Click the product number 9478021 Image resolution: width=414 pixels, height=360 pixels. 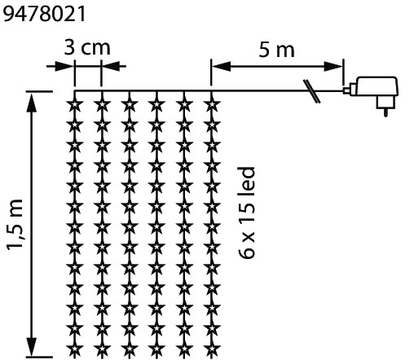tap(44, 14)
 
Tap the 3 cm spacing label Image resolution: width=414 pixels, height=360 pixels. tap(87, 48)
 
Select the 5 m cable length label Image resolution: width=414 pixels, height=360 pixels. tap(276, 50)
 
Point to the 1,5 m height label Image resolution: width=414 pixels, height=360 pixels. tap(15, 225)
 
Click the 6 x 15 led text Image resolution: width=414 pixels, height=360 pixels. tap(247, 213)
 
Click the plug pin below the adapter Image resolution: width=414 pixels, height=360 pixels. tap(385, 112)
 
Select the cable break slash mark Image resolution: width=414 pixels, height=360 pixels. tap(312, 91)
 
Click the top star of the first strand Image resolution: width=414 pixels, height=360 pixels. tap(74, 104)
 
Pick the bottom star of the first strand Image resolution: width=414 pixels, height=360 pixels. tap(74, 349)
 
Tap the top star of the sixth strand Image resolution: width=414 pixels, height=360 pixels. tap(211, 104)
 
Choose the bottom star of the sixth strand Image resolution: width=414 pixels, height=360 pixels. tap(211, 349)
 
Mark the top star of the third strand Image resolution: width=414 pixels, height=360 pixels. tap(130, 104)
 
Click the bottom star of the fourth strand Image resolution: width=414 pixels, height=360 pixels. tap(156, 349)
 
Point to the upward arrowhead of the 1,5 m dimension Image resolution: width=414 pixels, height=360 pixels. tap(32, 103)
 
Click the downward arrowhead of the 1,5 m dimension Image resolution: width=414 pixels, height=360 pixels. tap(32, 347)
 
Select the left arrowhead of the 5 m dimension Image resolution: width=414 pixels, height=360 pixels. tap(221, 66)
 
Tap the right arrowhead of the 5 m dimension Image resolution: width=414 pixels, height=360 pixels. tap(333, 66)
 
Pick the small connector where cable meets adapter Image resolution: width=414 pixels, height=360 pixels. tap(347, 90)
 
